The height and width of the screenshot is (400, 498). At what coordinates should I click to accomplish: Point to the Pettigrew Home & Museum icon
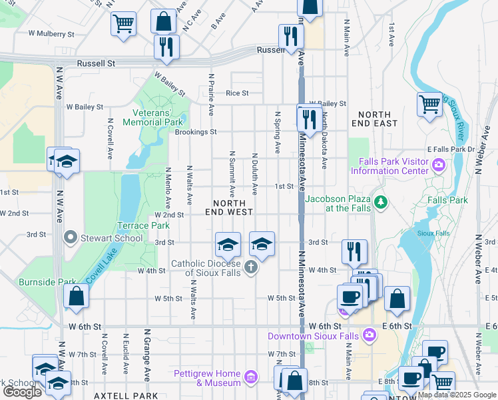250,378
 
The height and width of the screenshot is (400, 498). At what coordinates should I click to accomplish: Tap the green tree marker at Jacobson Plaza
380,201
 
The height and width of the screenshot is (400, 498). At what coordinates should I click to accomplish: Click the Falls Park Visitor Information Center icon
439,165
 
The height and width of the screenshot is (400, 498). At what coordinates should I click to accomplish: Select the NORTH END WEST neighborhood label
233,207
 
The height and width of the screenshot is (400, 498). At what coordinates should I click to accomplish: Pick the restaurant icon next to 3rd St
354,251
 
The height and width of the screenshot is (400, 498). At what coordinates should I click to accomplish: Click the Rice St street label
237,93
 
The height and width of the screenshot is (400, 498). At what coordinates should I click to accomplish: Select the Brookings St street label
196,132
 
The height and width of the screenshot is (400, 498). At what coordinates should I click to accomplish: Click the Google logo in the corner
22,392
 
